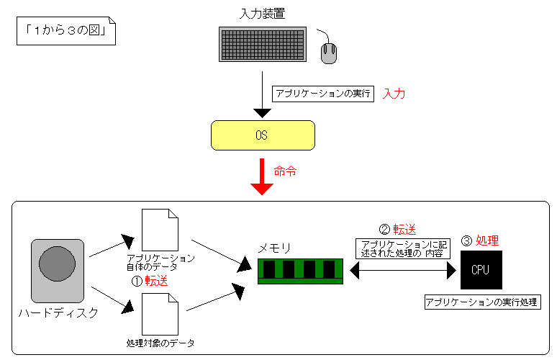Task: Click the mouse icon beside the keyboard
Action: [329, 53]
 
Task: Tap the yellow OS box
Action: [262, 135]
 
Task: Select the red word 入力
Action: [394, 94]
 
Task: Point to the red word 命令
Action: [285, 171]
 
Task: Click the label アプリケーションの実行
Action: [323, 94]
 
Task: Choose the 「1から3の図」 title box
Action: [65, 32]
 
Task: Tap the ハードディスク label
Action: [58, 313]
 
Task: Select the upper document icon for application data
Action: [160, 230]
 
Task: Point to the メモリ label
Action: [275, 248]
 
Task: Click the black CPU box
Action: [481, 270]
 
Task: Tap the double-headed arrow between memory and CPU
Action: [402, 270]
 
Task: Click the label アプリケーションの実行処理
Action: [481, 302]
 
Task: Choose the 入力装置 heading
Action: [262, 14]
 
